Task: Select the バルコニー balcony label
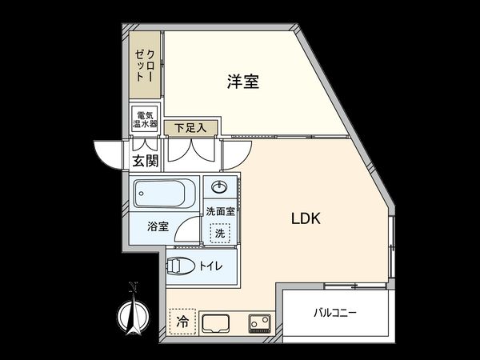click(334, 312)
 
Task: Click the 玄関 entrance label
click(145, 161)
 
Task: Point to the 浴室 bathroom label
click(157, 226)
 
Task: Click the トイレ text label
click(212, 266)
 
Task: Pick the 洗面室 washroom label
click(220, 211)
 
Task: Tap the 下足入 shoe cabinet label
click(190, 126)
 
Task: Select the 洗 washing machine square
click(218, 233)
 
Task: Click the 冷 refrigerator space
click(182, 323)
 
